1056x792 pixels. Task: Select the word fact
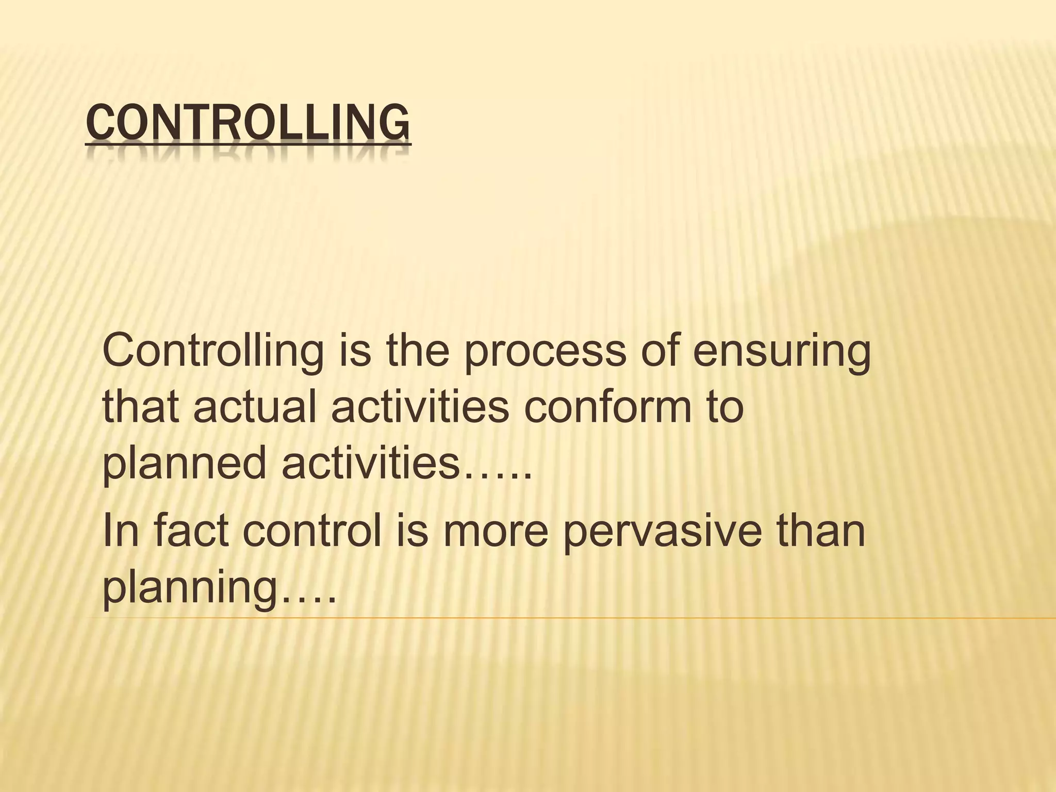point(191,531)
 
